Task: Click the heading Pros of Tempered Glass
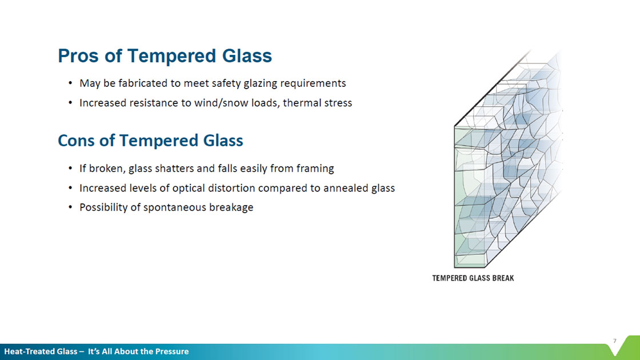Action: (x=165, y=56)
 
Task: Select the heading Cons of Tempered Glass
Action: (x=151, y=141)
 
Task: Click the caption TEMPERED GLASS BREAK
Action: (x=473, y=278)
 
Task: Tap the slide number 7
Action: (x=615, y=341)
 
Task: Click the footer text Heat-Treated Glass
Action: (x=41, y=351)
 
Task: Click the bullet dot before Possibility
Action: (x=71, y=207)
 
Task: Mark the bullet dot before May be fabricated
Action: (x=71, y=83)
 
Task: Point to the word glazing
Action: (x=261, y=83)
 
